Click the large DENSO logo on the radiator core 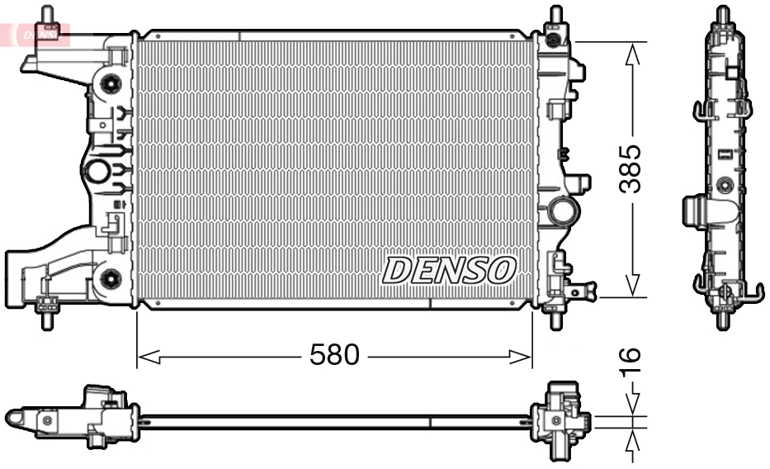[449, 269]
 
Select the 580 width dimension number [334, 356]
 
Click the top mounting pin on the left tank [48, 16]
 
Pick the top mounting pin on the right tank [553, 16]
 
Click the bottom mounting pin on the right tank [553, 319]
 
